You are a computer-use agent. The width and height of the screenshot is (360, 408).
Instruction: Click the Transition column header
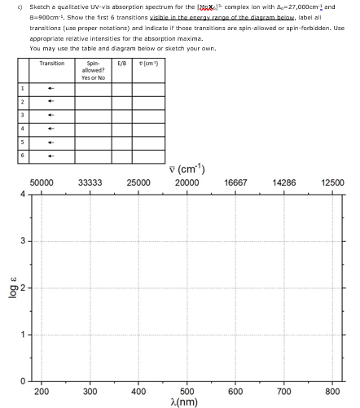point(51,62)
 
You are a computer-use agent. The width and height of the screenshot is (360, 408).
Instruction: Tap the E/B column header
point(121,62)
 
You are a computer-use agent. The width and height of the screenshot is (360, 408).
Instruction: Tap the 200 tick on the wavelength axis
point(42,392)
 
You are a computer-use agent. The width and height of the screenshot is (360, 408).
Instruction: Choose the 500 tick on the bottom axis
point(187,392)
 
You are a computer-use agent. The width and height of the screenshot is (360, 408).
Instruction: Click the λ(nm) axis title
point(187,402)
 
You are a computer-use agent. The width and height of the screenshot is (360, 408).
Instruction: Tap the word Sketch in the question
point(29,5)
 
